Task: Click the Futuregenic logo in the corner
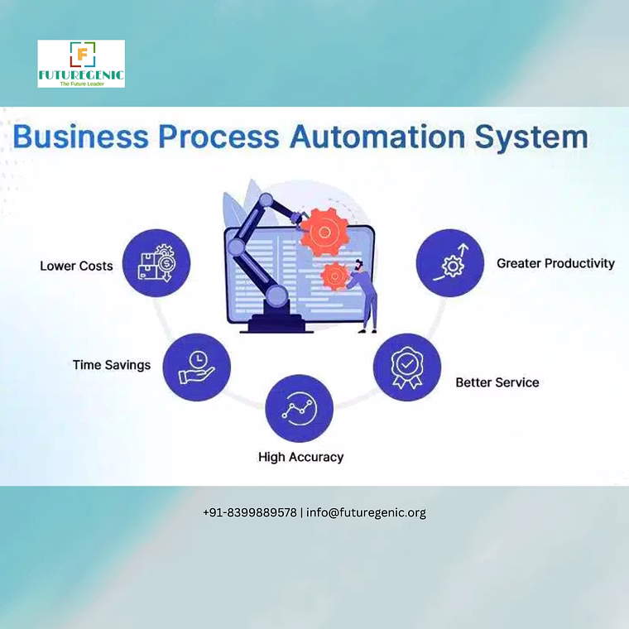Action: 81,64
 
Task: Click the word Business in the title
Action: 80,137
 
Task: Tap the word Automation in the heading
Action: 377,137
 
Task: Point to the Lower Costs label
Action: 76,266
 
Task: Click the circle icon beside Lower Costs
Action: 156,263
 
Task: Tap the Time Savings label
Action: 112,365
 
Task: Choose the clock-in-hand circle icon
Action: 197,367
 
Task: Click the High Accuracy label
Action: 301,457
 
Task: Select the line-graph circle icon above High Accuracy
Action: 300,408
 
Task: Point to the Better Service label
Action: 497,382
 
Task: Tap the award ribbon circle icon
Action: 407,367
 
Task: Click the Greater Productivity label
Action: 555,263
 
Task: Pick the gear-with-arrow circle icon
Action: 450,263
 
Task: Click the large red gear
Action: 324,232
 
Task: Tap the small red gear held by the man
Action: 334,276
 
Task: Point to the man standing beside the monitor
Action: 364,296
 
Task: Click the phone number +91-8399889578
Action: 250,512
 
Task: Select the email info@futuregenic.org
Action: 366,513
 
